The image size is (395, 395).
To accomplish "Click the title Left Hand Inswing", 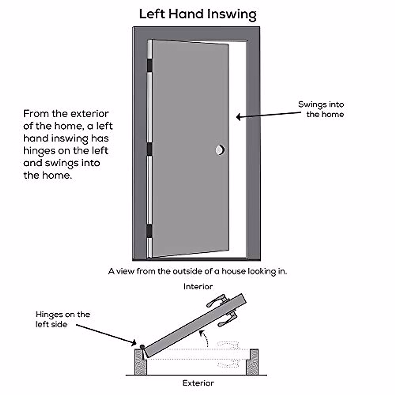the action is click(197, 14).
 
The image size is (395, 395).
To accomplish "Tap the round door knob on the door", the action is click(220, 150).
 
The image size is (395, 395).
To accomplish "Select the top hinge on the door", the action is click(150, 65).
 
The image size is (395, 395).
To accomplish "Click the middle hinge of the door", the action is click(150, 149).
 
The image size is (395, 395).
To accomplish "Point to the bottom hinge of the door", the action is click(150, 231).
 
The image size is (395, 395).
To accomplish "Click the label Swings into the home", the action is click(321, 109).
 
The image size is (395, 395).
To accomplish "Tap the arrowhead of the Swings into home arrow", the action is click(238, 117).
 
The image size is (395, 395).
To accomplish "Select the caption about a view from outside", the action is click(197, 271).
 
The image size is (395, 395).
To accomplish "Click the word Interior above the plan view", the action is click(198, 287).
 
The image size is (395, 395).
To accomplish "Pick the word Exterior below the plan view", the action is click(198, 383).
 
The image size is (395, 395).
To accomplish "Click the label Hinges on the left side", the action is click(63, 319).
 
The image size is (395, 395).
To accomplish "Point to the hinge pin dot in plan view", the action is click(142, 347).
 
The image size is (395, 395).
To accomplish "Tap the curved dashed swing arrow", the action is click(205, 338).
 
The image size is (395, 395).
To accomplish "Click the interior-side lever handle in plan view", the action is click(217, 301).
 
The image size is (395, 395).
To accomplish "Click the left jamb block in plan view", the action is click(141, 362).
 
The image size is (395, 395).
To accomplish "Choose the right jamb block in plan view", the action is click(252, 362).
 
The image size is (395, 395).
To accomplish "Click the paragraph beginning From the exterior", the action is click(68, 144).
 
